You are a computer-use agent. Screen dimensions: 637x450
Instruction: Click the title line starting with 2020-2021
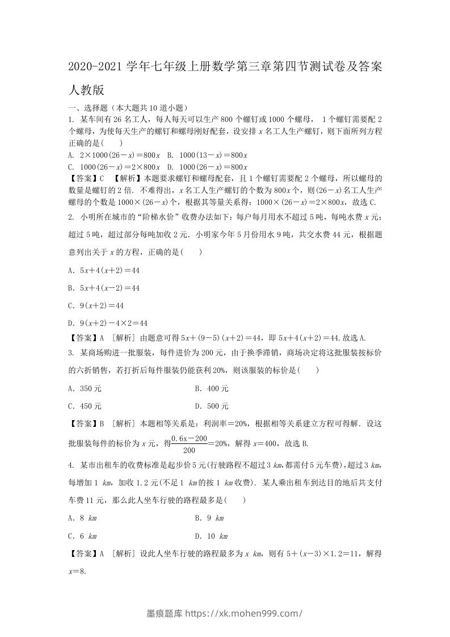[x=225, y=68]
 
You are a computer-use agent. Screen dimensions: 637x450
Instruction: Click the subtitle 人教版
[x=85, y=90]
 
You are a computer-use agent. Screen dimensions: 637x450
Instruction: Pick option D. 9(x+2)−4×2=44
[x=107, y=322]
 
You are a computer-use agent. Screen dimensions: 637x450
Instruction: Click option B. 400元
[x=212, y=389]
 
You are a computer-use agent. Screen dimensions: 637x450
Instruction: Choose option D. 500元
[x=212, y=406]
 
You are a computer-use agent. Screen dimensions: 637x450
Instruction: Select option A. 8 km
[x=82, y=518]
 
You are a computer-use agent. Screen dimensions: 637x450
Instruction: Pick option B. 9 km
[x=209, y=518]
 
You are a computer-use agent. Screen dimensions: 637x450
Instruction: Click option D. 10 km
[x=211, y=535]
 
